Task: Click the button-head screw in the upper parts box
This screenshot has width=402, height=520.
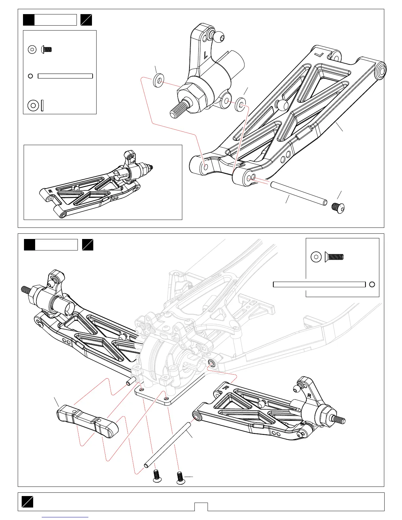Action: pyautogui.click(x=47, y=50)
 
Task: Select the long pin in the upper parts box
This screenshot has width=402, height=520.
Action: pyautogui.click(x=65, y=76)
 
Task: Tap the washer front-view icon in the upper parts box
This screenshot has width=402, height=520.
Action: pyautogui.click(x=33, y=105)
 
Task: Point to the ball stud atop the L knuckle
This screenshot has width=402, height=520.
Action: pyautogui.click(x=218, y=35)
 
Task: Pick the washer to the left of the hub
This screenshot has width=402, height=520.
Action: pyautogui.click(x=159, y=80)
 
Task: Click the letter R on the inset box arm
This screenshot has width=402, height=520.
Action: pyautogui.click(x=50, y=191)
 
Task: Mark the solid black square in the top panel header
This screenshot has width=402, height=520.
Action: pyautogui.click(x=29, y=20)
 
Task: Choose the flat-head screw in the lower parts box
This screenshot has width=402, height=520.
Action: pyautogui.click(x=334, y=256)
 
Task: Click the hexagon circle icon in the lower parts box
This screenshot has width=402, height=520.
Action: pyautogui.click(x=316, y=256)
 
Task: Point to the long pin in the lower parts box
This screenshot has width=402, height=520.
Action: pyautogui.click(x=319, y=284)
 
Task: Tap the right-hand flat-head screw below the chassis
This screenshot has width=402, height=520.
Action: pyautogui.click(x=180, y=478)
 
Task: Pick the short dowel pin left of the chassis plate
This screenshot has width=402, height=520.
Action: pyautogui.click(x=131, y=381)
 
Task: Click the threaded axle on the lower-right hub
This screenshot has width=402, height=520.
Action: pyautogui.click(x=339, y=420)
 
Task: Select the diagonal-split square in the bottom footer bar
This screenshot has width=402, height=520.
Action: pyautogui.click(x=28, y=502)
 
